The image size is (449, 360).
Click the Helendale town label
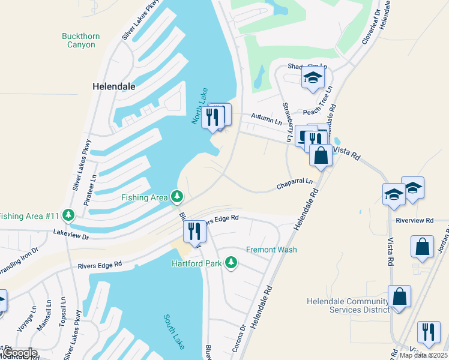[x=114, y=86]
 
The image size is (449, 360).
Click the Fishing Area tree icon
[x=176, y=197]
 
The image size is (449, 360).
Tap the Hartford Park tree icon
[x=231, y=263]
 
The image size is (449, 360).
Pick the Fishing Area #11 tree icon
[x=69, y=215]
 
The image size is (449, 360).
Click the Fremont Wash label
[x=271, y=250]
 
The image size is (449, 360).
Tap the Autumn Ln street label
[x=266, y=121]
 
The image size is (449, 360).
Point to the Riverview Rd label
[x=414, y=221]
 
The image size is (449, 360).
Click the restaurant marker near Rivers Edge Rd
[x=194, y=230]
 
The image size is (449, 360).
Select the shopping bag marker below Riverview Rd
[x=423, y=246]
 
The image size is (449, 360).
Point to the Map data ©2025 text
[x=423, y=355]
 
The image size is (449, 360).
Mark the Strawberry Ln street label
[x=289, y=123]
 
